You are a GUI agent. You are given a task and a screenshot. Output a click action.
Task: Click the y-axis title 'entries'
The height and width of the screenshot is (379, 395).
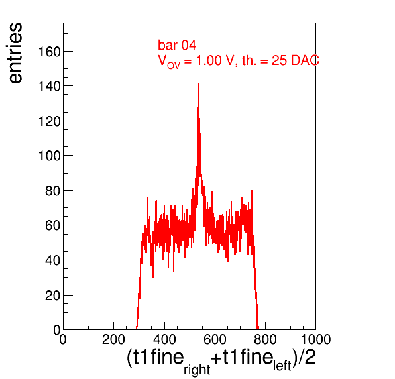point(16,53)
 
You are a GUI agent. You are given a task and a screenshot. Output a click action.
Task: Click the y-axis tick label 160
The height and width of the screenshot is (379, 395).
point(49,52)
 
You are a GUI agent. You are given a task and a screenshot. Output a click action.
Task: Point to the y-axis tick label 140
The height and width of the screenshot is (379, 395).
point(49,87)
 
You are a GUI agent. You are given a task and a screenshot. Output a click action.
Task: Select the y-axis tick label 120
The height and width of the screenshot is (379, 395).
point(49,122)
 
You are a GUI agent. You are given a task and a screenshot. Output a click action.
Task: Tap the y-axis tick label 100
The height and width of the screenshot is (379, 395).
point(49,156)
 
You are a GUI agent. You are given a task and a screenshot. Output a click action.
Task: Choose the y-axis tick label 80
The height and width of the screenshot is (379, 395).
point(53,191)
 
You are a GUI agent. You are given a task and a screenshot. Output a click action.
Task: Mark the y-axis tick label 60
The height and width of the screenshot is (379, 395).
point(53,226)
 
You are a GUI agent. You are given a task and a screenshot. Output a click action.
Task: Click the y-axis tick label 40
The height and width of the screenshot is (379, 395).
point(53,260)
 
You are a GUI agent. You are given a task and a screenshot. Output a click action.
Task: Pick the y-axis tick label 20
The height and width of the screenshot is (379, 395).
point(53,296)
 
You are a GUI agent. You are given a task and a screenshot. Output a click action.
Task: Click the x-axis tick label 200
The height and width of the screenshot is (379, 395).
point(113,339)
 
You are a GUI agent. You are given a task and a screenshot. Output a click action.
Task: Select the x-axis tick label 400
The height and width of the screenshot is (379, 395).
point(164,339)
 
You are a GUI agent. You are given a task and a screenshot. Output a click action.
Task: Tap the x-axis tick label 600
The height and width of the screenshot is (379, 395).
point(215,339)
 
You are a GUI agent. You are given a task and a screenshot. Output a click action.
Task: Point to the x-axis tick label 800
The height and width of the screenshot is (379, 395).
point(265,339)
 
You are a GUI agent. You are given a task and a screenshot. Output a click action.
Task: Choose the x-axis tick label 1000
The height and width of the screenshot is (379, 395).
point(315,339)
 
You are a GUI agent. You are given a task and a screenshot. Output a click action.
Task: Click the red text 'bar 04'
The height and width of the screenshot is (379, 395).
point(177,45)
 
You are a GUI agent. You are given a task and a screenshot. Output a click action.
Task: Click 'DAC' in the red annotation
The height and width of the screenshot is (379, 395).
point(305,60)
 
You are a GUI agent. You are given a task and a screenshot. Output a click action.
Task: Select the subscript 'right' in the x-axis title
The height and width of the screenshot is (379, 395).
point(197,370)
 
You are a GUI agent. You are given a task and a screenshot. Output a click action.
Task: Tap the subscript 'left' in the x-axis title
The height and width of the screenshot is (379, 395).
point(282,366)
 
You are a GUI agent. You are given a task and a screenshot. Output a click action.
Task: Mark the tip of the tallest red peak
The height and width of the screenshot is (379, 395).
point(199,84)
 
